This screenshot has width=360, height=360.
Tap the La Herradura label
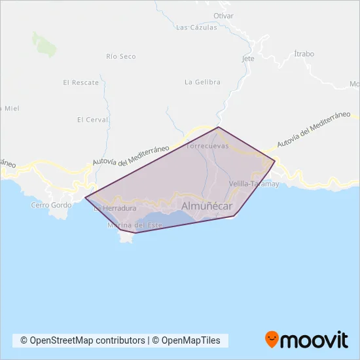tap(115, 209)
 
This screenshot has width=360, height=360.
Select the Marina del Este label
tap(134, 225)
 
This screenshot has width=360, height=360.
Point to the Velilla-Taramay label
tap(255, 184)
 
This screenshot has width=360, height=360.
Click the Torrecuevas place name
tap(207, 146)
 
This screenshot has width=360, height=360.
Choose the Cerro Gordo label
tap(48, 205)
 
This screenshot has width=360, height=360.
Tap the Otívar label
tap(223, 15)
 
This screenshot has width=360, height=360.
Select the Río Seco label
tap(120, 56)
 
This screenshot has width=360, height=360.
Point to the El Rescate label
tap(81, 82)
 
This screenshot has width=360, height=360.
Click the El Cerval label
tap(92, 120)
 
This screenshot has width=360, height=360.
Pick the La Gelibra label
tap(202, 82)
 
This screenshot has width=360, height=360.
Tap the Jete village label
tap(248, 58)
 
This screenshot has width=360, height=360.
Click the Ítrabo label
tap(304, 53)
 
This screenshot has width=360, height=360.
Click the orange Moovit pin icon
tap(272, 339)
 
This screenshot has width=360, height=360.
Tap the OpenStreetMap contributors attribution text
tap(82, 340)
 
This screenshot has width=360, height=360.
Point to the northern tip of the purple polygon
tap(219, 127)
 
